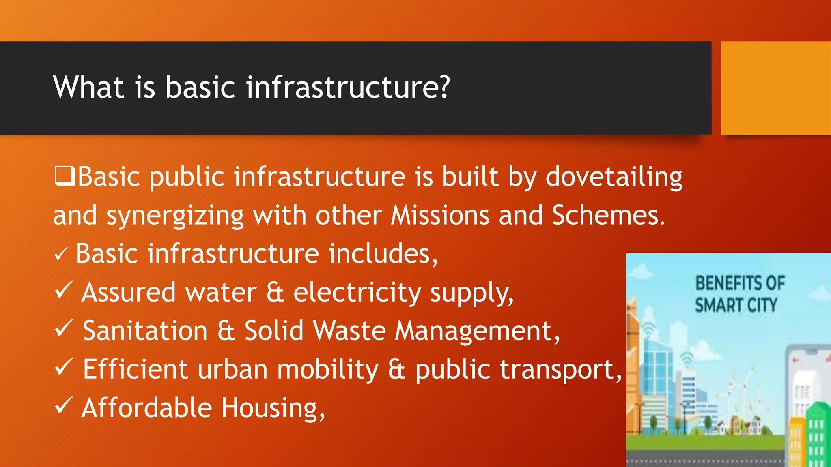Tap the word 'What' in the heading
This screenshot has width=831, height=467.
(x=88, y=87)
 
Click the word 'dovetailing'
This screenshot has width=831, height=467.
(x=614, y=177)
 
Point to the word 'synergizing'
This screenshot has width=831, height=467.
(x=175, y=216)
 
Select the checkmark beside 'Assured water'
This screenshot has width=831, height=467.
(x=64, y=291)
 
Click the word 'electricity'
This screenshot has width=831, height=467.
(x=357, y=292)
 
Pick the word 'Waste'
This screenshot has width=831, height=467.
(x=349, y=331)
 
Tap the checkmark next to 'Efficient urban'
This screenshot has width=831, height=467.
(x=64, y=367)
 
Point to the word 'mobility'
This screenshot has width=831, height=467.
(x=327, y=370)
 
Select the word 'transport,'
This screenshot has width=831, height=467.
(x=518, y=370)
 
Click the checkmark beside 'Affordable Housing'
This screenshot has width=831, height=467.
(x=64, y=406)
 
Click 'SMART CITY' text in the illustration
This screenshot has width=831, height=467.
(x=736, y=305)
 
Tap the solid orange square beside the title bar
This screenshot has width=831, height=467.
(x=776, y=88)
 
